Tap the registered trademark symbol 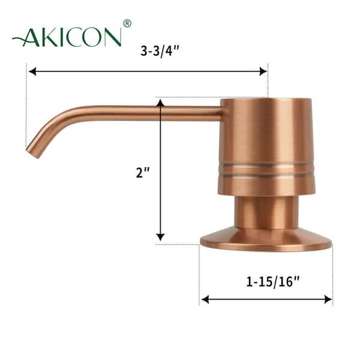pos(127,24)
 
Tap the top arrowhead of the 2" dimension pos(160,103)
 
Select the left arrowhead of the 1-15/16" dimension pos(205,299)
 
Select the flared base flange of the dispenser pos(266,240)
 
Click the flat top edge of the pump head pos(266,99)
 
